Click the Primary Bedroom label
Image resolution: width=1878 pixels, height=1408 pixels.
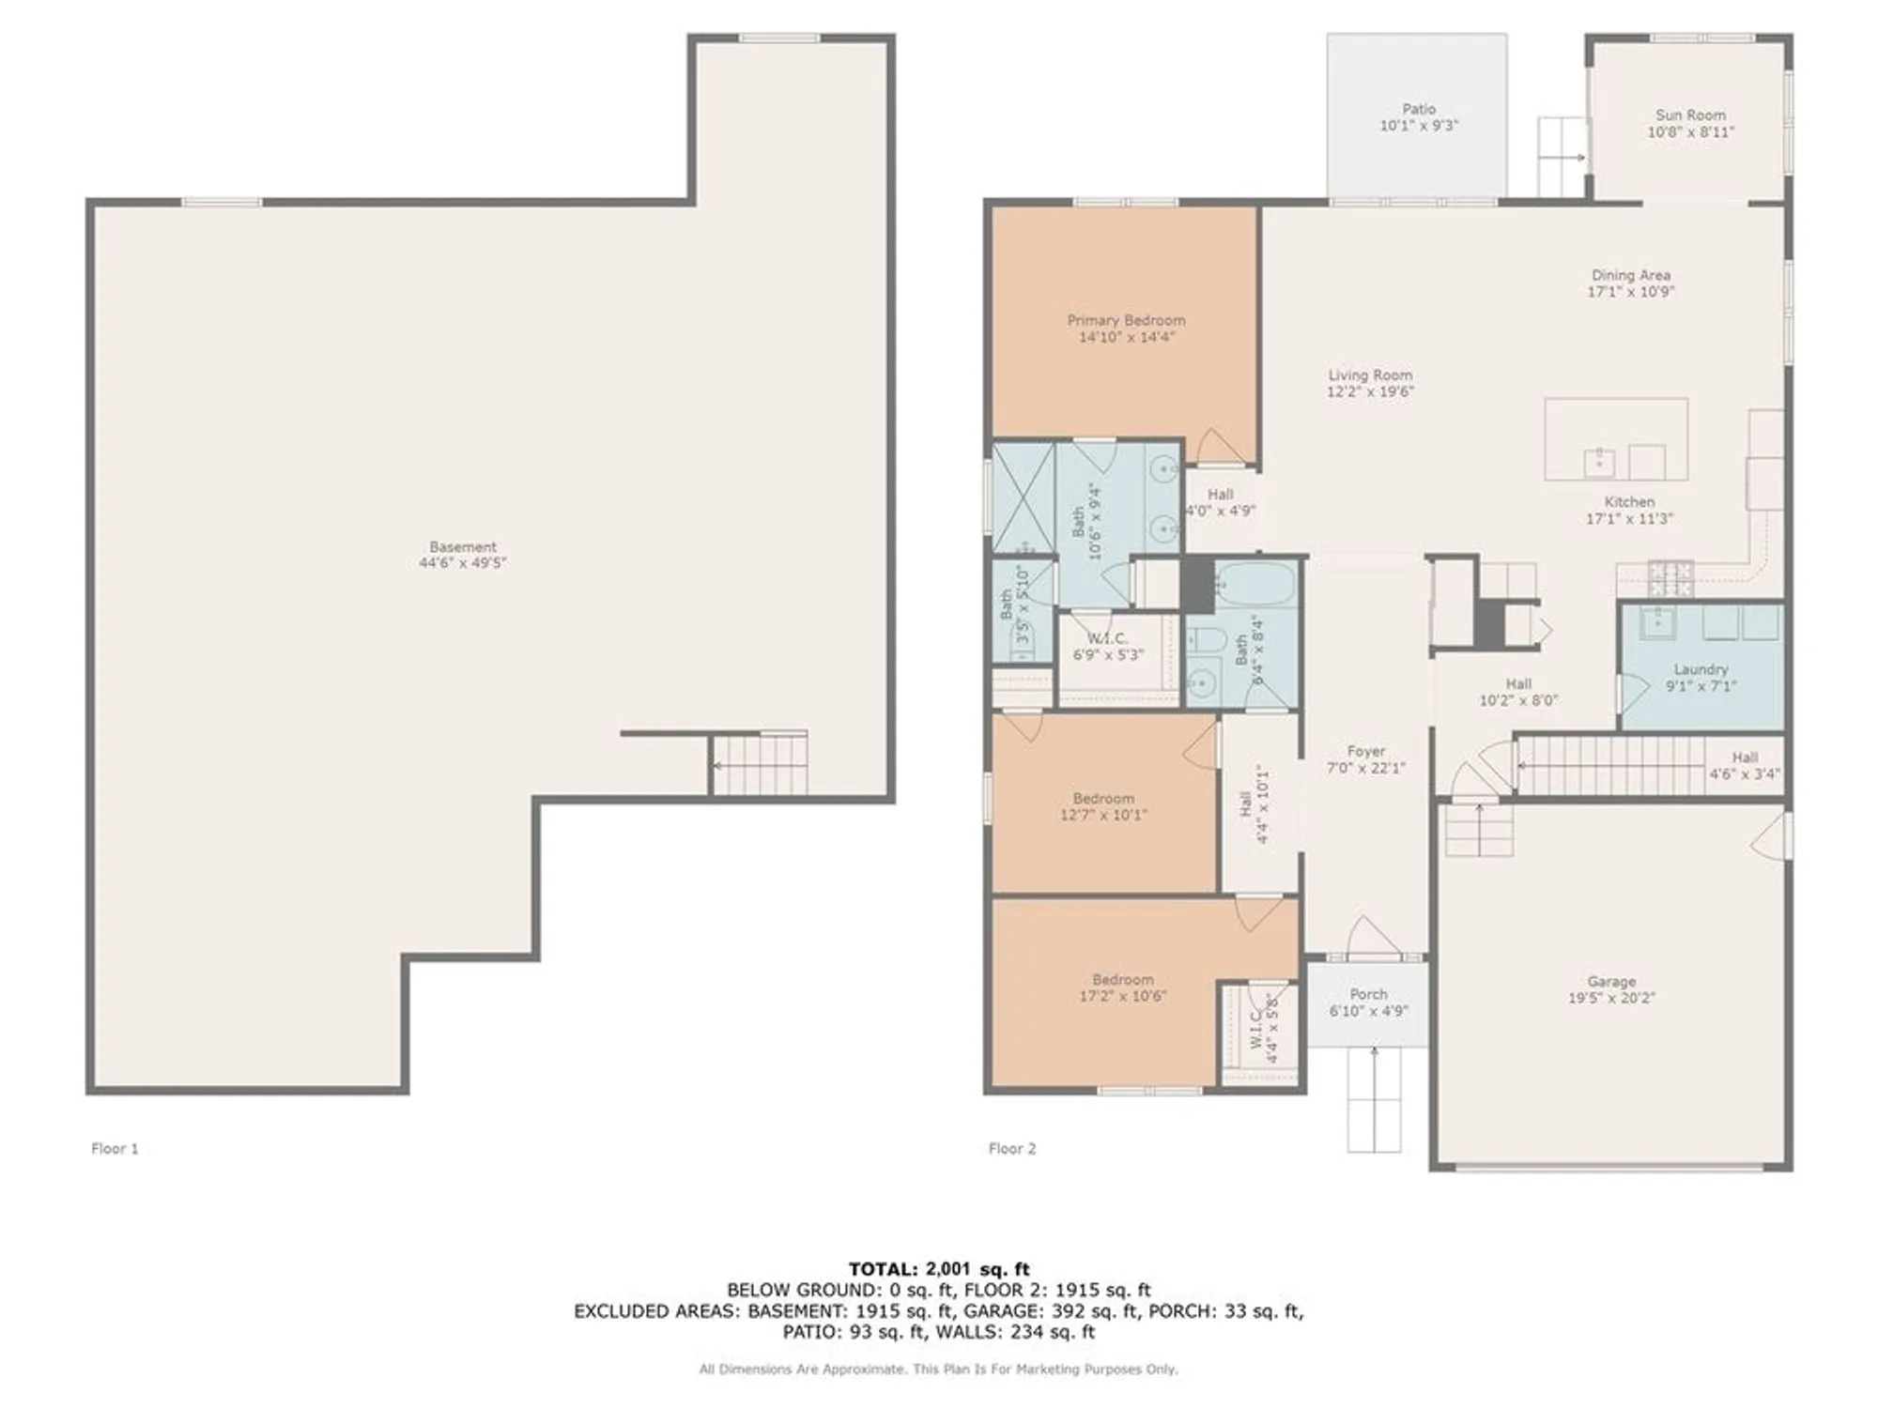(1126, 320)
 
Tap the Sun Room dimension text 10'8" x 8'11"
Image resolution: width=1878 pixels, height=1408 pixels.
(1690, 132)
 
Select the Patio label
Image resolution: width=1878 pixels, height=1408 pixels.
(1419, 109)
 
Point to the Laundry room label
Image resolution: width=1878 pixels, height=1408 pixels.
(1701, 669)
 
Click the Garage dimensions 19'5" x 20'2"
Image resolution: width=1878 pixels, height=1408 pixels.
(1611, 998)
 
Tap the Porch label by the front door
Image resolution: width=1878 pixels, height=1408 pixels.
(1368, 994)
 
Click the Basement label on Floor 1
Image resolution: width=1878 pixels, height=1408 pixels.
(463, 546)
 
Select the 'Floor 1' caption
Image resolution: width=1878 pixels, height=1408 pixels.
(115, 1148)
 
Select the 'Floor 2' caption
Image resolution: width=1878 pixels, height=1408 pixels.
(1012, 1148)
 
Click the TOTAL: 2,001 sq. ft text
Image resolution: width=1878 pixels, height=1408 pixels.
(939, 1269)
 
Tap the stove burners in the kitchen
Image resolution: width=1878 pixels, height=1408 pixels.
(1670, 578)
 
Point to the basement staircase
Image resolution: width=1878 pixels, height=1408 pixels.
(759, 764)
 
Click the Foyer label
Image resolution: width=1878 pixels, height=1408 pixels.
(1365, 751)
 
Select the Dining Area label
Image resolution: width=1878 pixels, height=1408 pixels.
(1630, 275)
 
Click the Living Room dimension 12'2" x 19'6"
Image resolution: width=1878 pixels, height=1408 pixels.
(1370, 391)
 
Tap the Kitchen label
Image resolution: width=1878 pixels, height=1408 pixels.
(1629, 501)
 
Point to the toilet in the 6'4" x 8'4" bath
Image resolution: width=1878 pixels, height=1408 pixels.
(1205, 642)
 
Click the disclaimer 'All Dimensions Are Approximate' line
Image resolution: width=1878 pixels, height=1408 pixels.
(939, 1370)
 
